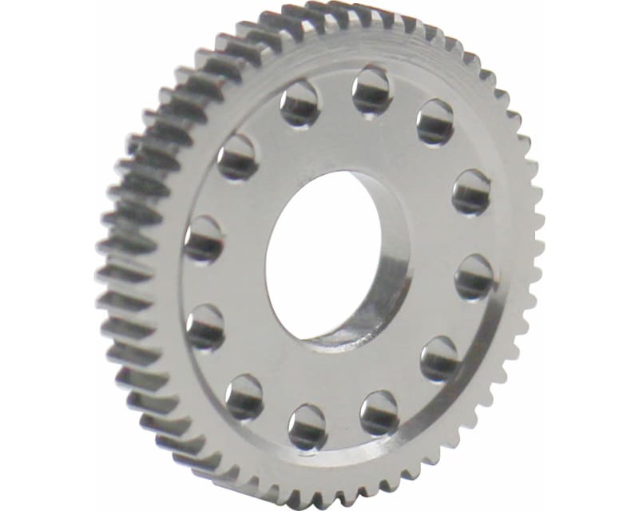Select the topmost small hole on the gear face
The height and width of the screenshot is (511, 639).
point(371,89)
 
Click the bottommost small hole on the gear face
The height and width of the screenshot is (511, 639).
point(308,426)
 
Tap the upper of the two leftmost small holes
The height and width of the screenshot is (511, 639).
point(204,240)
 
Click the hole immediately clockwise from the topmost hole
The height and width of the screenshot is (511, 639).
point(435,121)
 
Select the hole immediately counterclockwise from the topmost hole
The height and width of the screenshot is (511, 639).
point(300,105)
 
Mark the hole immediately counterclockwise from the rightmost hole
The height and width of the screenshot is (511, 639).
point(470,192)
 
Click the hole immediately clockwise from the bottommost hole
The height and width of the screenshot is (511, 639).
point(244,394)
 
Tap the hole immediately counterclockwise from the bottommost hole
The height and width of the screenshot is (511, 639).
point(379,411)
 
